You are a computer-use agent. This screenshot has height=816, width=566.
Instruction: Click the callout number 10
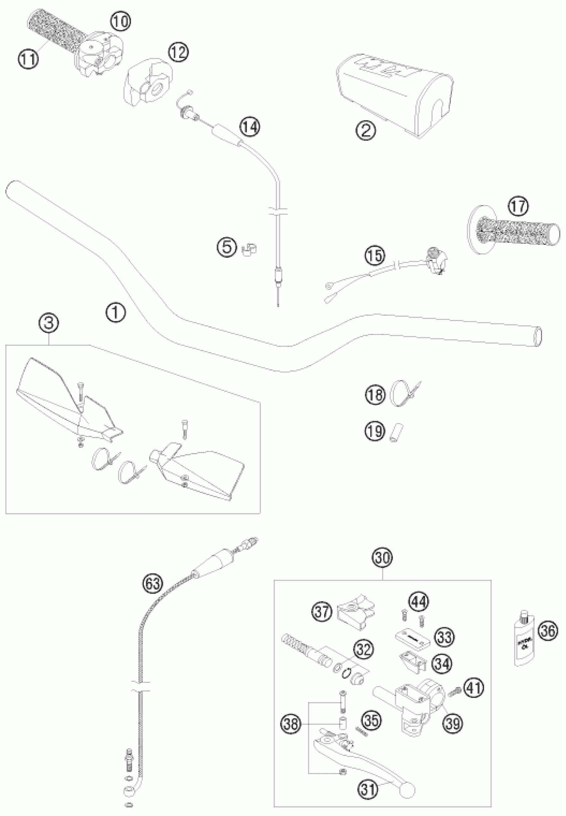click(x=120, y=22)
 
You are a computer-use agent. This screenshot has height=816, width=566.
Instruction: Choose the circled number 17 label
click(x=518, y=206)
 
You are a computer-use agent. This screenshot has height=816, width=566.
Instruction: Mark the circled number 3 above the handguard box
click(x=49, y=323)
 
